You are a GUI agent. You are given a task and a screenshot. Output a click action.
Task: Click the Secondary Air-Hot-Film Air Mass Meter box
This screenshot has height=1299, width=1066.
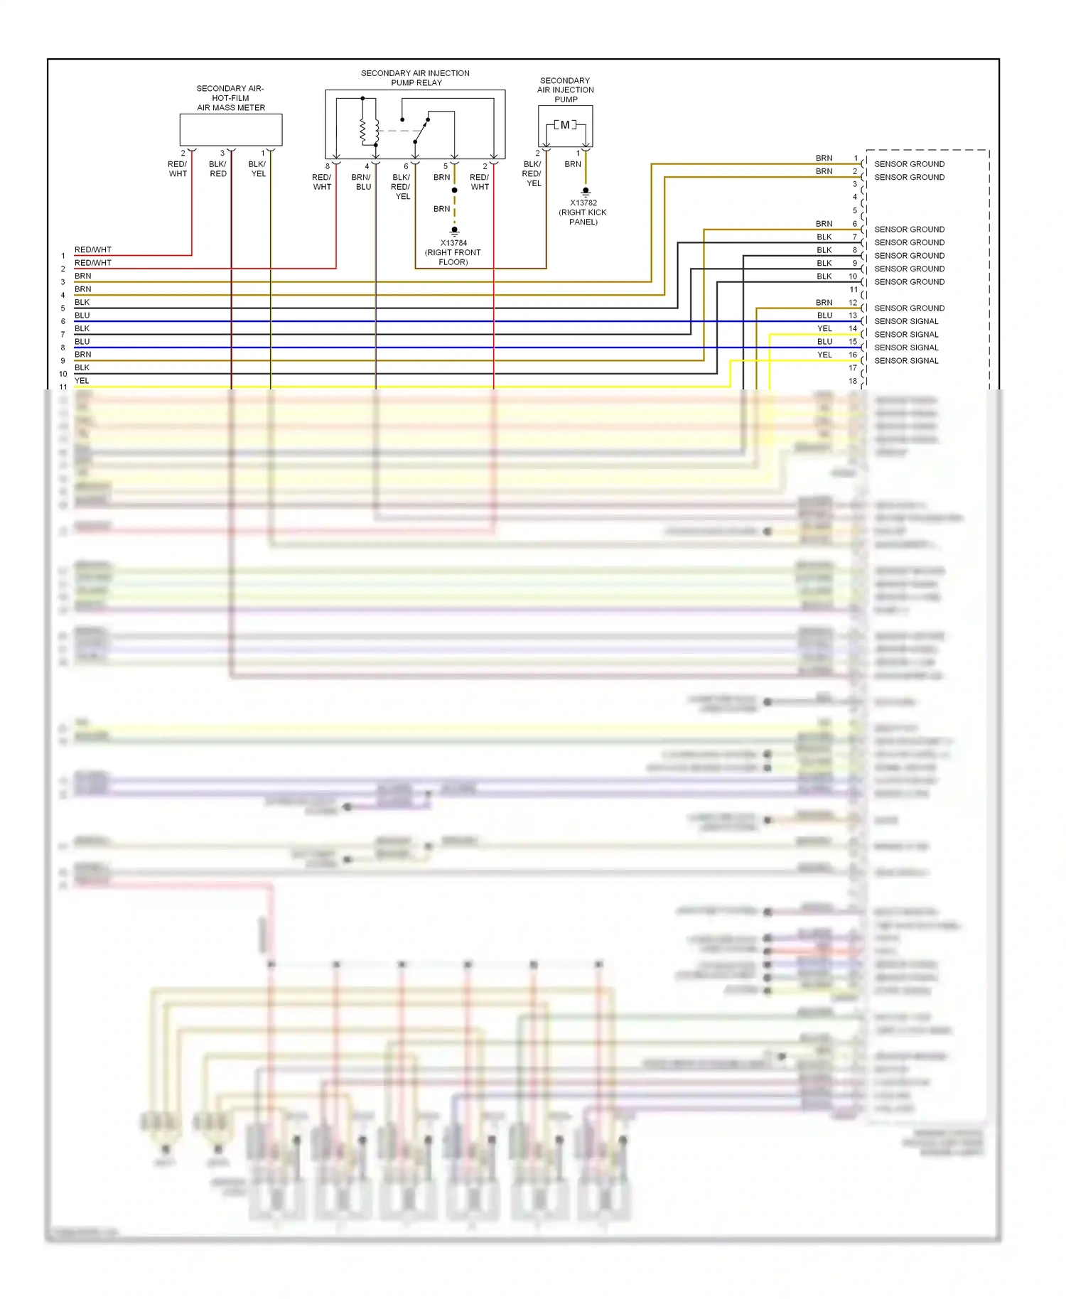tap(231, 130)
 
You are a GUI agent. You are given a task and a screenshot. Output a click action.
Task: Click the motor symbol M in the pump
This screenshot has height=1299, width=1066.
tap(565, 125)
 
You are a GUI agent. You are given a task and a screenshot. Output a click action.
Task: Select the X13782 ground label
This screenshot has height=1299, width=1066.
tap(583, 203)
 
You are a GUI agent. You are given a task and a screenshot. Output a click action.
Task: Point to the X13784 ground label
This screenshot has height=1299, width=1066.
tap(453, 243)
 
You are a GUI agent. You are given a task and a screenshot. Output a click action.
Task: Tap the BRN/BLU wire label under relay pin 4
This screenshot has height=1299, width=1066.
tap(362, 182)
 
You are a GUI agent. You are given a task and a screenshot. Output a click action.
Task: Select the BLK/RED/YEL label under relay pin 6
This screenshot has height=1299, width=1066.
tap(402, 186)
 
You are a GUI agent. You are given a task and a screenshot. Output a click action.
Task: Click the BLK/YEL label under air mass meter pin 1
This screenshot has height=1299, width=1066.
tap(257, 169)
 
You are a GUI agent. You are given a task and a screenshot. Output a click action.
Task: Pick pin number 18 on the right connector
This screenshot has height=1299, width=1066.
tap(853, 381)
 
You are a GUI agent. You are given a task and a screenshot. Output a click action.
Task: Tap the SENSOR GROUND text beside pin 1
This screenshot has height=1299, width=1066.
tap(909, 164)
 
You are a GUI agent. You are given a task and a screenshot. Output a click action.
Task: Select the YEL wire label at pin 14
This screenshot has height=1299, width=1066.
tap(824, 328)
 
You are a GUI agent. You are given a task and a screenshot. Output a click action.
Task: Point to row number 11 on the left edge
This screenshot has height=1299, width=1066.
tap(63, 387)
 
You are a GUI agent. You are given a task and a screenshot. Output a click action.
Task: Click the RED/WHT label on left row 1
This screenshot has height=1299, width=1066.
tap(93, 249)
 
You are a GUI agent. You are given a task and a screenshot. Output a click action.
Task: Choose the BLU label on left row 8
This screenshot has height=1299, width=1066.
tap(82, 342)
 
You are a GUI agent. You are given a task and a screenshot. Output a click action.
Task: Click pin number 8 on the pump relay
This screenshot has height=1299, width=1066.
tap(328, 166)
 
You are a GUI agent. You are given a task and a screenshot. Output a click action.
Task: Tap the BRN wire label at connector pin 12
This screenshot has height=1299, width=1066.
tap(824, 302)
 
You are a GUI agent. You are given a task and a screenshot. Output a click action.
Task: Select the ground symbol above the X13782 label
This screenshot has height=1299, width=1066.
tap(586, 192)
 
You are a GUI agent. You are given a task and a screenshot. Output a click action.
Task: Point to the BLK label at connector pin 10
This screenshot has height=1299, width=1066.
tap(824, 276)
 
